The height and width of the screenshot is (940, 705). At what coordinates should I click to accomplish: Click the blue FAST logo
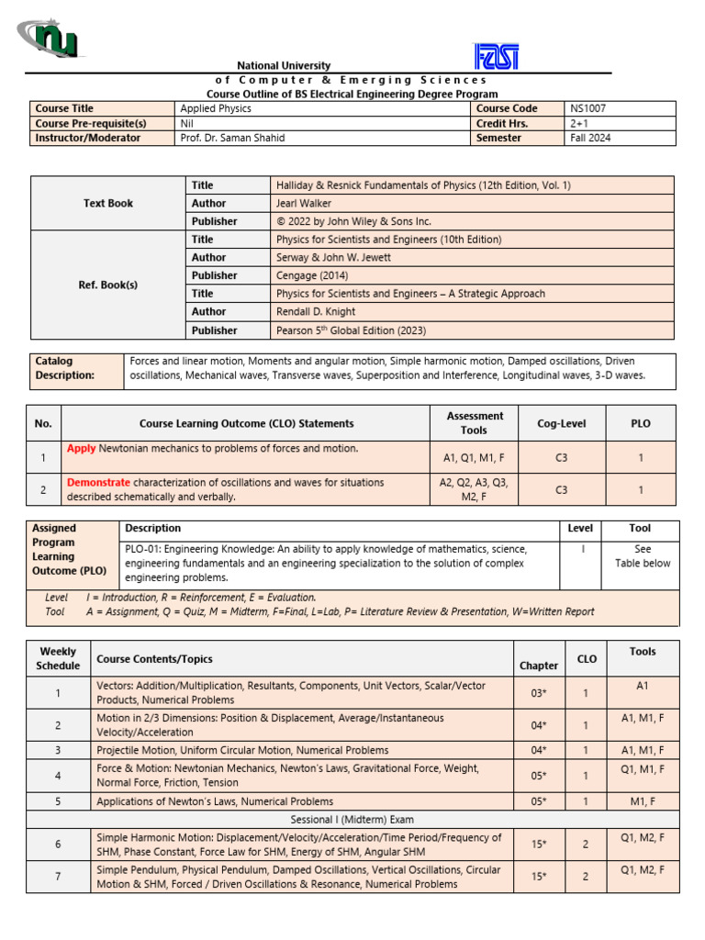pyautogui.click(x=496, y=57)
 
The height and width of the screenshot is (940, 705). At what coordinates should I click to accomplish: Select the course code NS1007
pyautogui.click(x=587, y=108)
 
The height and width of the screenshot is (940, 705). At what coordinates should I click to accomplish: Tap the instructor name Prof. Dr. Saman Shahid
pyautogui.click(x=233, y=138)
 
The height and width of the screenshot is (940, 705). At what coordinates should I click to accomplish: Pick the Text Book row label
pyautogui.click(x=108, y=203)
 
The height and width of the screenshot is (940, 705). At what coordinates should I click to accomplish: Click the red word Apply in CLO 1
pyautogui.click(x=81, y=448)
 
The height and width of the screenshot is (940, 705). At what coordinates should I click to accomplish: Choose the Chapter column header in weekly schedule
pyautogui.click(x=539, y=666)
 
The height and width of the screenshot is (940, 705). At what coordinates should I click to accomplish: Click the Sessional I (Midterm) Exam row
pyautogui.click(x=352, y=819)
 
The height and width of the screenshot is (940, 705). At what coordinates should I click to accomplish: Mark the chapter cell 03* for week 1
pyautogui.click(x=539, y=693)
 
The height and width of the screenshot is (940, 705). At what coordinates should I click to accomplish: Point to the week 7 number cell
pyautogui.click(x=58, y=877)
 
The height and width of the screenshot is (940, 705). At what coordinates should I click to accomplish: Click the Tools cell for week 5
pyautogui.click(x=643, y=801)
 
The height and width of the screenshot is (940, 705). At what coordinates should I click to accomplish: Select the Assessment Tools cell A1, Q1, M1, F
pyautogui.click(x=474, y=456)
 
